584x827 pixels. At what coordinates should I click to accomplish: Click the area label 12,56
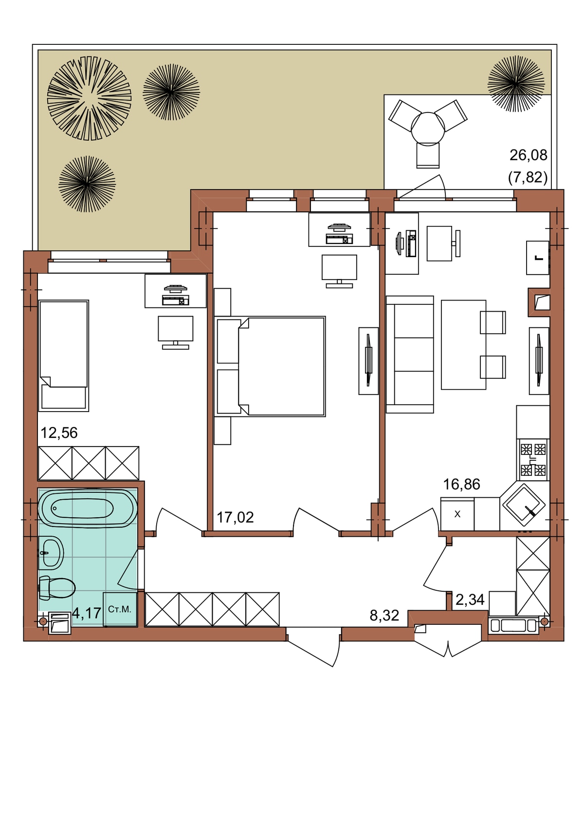(59, 432)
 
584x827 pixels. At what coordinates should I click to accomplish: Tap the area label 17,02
(235, 518)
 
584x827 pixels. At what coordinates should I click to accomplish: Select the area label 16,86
(461, 485)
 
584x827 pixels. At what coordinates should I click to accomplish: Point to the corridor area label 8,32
(384, 616)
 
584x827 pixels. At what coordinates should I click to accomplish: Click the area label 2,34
(470, 600)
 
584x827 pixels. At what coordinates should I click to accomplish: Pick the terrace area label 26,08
(529, 155)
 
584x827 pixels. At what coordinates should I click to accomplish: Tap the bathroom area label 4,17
(87, 613)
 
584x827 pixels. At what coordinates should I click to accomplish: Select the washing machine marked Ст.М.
(120, 609)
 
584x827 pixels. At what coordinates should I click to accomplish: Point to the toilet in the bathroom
(57, 587)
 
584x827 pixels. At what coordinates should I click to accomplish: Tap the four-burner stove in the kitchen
(533, 460)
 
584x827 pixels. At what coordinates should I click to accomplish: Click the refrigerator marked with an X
(457, 514)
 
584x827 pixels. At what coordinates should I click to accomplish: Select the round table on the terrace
(428, 128)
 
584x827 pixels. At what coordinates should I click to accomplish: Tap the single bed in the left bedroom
(63, 356)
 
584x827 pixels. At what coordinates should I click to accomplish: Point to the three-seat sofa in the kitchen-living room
(409, 354)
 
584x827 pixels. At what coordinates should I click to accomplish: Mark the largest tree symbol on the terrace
(89, 98)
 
